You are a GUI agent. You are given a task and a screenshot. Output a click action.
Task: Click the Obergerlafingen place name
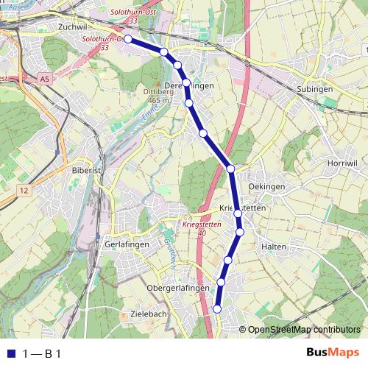(x=179, y=288)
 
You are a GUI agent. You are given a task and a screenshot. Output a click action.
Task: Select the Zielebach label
(x=148, y=314)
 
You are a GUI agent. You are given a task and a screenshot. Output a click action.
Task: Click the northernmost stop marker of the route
(x=127, y=39)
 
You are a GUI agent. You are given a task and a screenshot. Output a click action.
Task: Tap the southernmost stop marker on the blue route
(x=217, y=309)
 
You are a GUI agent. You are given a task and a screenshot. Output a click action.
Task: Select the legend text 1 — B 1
(x=41, y=353)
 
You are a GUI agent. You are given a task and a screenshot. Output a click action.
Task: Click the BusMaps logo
(x=333, y=353)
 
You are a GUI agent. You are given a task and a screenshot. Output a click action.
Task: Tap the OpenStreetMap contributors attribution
(x=304, y=330)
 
